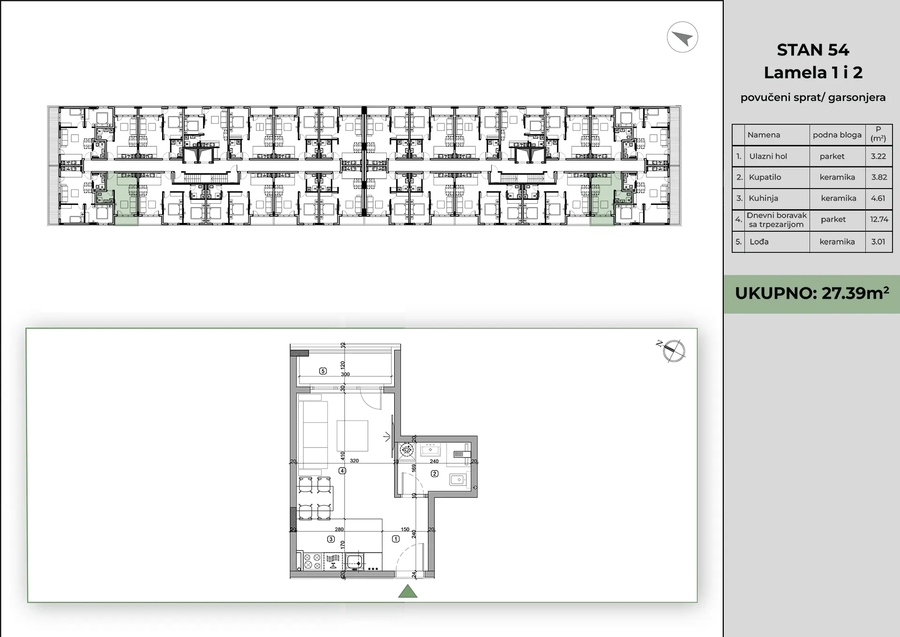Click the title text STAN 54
[813, 50]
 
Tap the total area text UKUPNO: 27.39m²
[812, 293]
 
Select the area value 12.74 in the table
[879, 219]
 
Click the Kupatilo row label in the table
[765, 177]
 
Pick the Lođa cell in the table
[759, 242]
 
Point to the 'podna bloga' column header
[837, 135]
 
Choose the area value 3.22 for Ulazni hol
[878, 156]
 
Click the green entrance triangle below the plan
[408, 591]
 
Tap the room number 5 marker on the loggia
[322, 371]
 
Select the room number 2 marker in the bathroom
[435, 474]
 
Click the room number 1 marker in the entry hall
[396, 539]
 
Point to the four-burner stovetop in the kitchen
[312, 561]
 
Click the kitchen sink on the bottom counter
[355, 561]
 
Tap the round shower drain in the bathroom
[406, 450]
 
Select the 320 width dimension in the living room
[354, 461]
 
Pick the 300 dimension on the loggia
[345, 374]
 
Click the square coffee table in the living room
[352, 436]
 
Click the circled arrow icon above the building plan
[682, 37]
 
